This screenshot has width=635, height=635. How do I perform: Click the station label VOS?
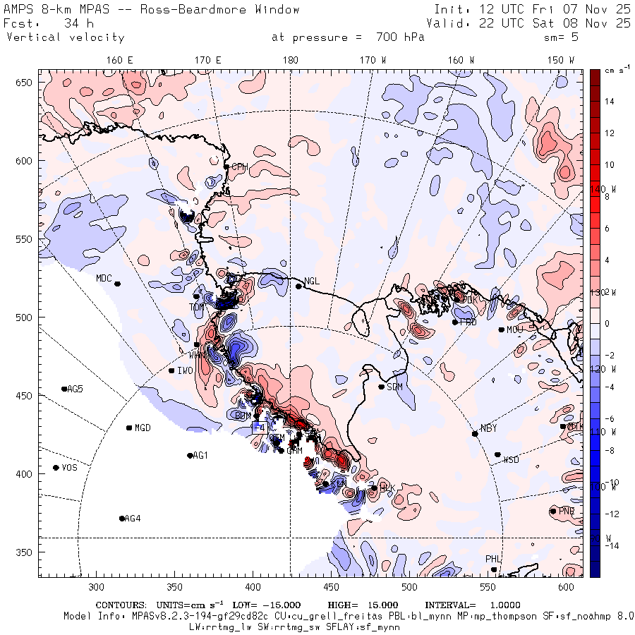pyautogui.click(x=69, y=468)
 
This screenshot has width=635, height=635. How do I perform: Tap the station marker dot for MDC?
pyautogui.click(x=117, y=284)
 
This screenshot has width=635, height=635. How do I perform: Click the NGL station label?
pyautogui.click(x=312, y=281)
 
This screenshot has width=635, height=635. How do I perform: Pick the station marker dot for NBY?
pyautogui.click(x=475, y=433)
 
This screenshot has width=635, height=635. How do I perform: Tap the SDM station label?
pyautogui.click(x=394, y=387)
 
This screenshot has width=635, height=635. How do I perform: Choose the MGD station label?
pyautogui.click(x=143, y=428)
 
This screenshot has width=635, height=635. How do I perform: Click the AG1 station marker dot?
pyautogui.click(x=190, y=456)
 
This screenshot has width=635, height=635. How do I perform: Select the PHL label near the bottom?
pyautogui.click(x=492, y=559)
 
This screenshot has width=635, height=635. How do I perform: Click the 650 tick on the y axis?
pyautogui.click(x=26, y=83)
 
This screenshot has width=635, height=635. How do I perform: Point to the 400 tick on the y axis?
pyautogui.click(x=26, y=473)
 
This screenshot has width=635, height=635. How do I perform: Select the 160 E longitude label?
pyautogui.click(x=120, y=61)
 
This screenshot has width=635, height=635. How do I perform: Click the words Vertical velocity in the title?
pyautogui.click(x=66, y=37)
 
